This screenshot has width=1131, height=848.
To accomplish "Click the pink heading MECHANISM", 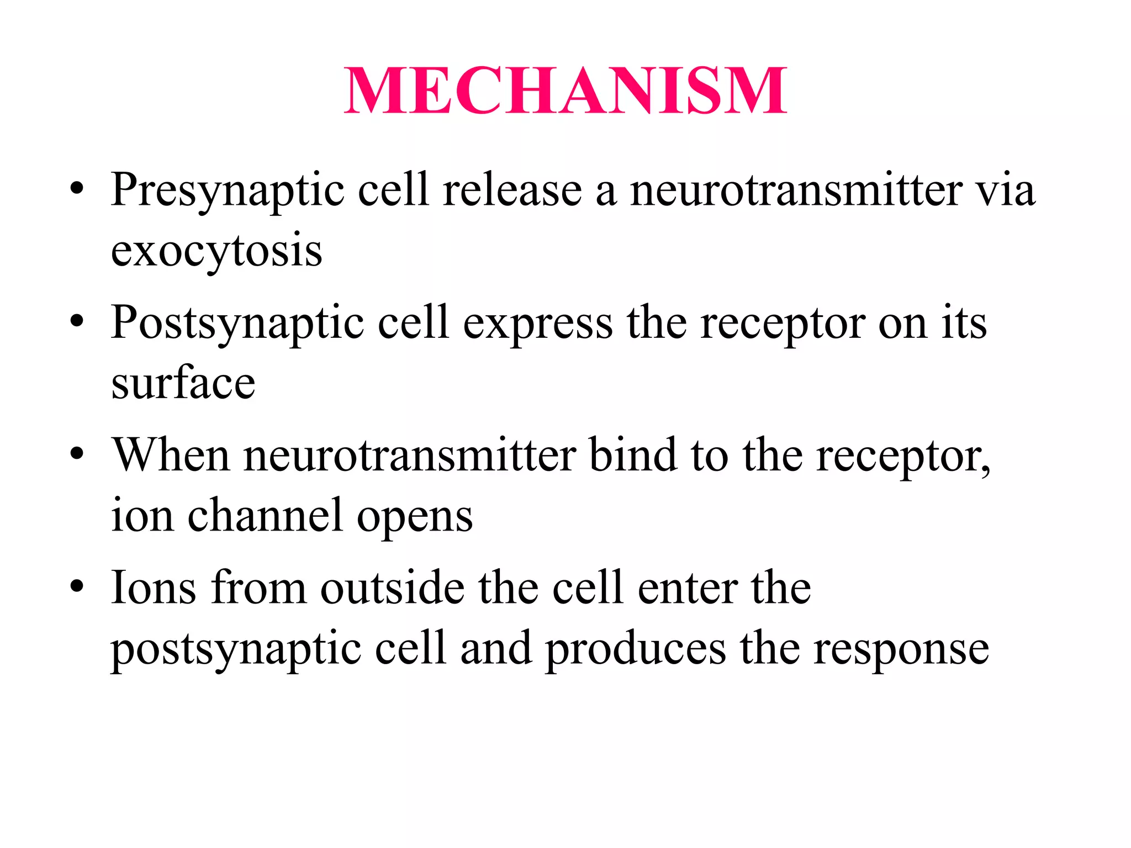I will point(565,91).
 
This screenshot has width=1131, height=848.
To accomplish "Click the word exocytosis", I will point(216,252).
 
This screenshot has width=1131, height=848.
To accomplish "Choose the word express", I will point(537,324).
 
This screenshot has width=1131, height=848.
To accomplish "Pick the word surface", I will point(183,383).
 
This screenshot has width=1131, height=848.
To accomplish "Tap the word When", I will point(171,455).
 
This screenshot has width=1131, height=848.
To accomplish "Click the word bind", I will point(633,455).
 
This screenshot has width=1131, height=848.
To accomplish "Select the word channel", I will point(265,516).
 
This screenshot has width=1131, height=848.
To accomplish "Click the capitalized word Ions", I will point(154,588).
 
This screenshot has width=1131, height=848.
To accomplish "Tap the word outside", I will point(393,588).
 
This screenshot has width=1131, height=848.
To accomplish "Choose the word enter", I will point(688,588).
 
